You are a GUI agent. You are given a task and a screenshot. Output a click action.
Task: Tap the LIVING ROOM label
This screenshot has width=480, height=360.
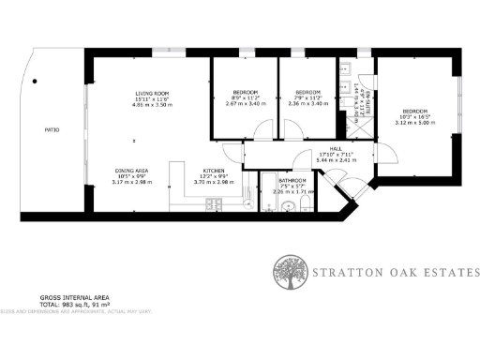[x=152, y=93]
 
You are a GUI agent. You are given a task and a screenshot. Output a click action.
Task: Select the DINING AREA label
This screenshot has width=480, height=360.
[x=130, y=170]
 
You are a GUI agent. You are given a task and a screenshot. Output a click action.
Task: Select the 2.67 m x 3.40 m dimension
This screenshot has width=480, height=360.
[x=244, y=104]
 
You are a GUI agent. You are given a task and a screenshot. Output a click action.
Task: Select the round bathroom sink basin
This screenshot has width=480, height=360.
[x=287, y=205]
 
